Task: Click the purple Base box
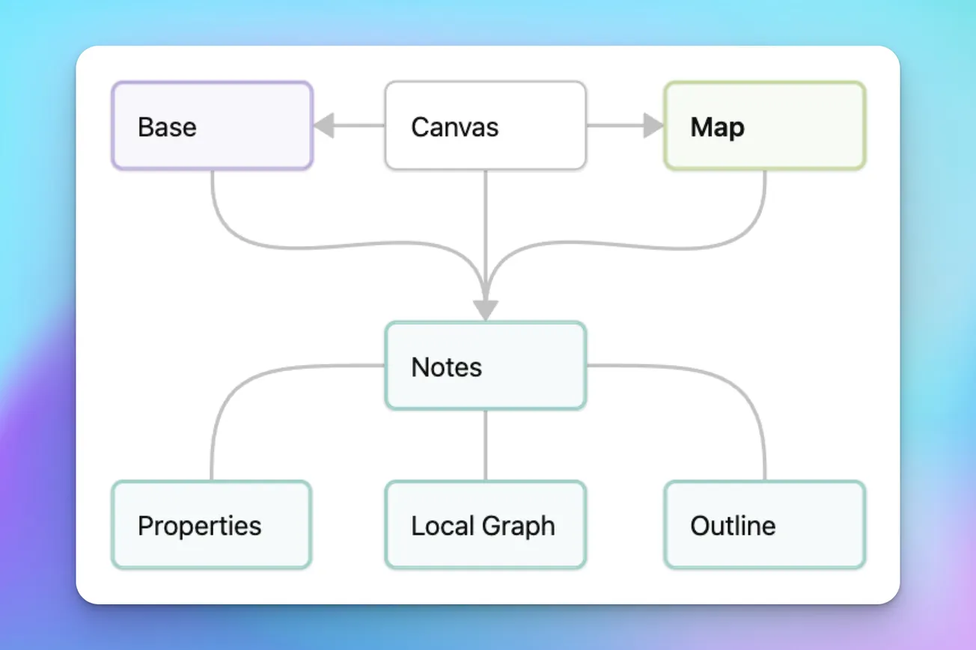tap(212, 126)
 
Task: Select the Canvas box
tap(485, 126)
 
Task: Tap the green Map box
tap(764, 126)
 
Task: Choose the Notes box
tap(485, 367)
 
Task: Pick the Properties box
tap(212, 525)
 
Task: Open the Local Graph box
tap(485, 525)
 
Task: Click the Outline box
tap(764, 525)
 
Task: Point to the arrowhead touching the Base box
tap(323, 126)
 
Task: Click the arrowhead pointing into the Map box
tap(653, 126)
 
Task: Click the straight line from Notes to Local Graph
tap(486, 445)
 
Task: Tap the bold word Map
tap(717, 127)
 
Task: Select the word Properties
tap(200, 526)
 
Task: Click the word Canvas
tap(454, 126)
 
